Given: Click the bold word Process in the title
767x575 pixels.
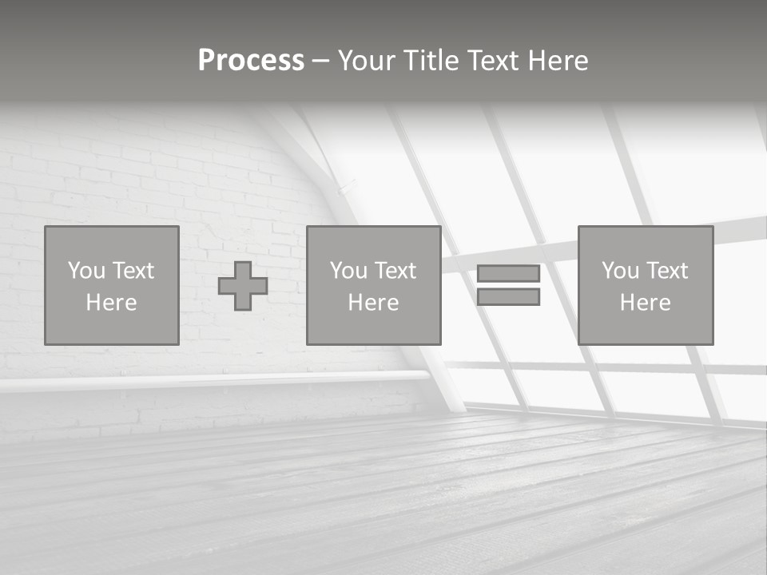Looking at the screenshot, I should [x=251, y=61].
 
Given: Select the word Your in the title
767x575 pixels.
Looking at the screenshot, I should [x=370, y=61].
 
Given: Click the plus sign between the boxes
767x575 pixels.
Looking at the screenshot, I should [x=243, y=286].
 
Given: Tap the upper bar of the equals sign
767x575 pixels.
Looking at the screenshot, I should [x=508, y=273].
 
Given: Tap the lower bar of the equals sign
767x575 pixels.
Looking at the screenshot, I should [x=508, y=297].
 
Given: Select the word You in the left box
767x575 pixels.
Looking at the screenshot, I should [x=86, y=271].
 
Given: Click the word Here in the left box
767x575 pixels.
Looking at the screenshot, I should [x=111, y=303].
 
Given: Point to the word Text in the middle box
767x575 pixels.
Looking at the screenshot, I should [x=395, y=271].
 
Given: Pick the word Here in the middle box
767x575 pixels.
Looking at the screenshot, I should [x=373, y=303].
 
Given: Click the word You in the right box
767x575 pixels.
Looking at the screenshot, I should [x=620, y=271].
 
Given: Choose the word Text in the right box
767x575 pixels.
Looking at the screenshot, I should [x=666, y=271].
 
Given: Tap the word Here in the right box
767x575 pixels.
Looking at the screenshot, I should [x=645, y=303].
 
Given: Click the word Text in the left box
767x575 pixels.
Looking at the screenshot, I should [x=133, y=271].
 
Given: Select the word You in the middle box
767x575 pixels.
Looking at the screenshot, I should [x=348, y=271].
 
